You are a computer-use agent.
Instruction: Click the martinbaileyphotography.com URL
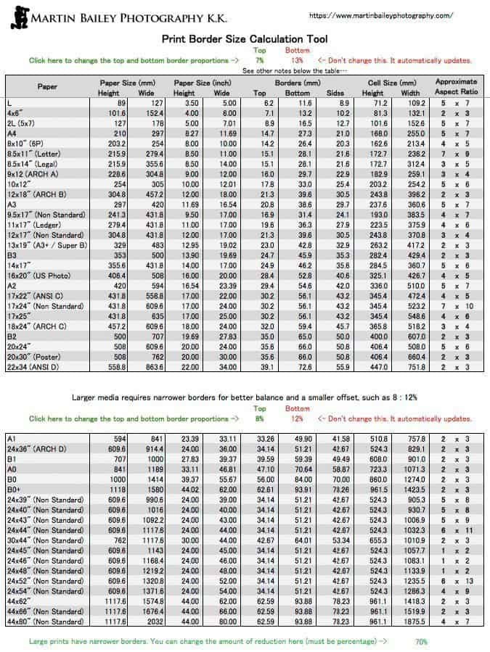(x=381, y=15)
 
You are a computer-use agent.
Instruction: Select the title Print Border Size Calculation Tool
(x=244, y=39)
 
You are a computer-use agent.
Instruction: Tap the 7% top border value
(x=259, y=61)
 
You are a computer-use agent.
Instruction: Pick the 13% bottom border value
(x=297, y=61)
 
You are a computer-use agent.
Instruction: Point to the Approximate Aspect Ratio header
(x=456, y=87)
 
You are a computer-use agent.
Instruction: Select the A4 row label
(x=12, y=133)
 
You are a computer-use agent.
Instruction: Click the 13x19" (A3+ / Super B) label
(x=47, y=245)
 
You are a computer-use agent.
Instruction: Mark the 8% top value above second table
(x=259, y=418)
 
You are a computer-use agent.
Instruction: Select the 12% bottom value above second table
(x=297, y=418)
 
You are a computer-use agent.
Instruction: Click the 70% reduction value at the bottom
(x=421, y=642)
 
